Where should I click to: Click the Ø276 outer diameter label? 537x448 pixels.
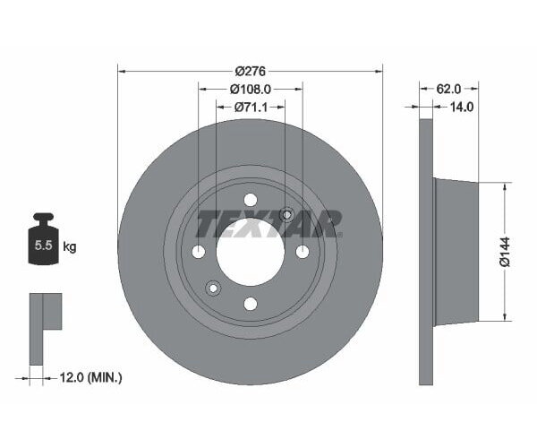[x=250, y=72]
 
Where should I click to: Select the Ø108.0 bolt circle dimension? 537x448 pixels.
[x=250, y=90]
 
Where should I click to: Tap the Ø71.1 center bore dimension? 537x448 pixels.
[x=250, y=107]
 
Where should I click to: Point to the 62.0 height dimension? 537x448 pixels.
[x=449, y=89]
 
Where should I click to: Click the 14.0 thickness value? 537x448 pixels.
[x=461, y=106]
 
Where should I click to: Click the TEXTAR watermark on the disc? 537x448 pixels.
[x=268, y=223]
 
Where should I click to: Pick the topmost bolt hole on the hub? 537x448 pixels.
[x=250, y=199]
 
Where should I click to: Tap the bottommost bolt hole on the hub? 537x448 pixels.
[x=250, y=304]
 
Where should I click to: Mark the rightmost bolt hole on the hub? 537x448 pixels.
[x=302, y=252]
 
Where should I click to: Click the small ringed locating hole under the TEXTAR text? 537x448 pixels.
[x=286, y=215]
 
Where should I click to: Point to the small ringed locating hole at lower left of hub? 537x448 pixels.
[x=213, y=288]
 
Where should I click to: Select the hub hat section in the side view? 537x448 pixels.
[x=456, y=252]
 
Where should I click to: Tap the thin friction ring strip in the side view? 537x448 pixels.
[x=426, y=252]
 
